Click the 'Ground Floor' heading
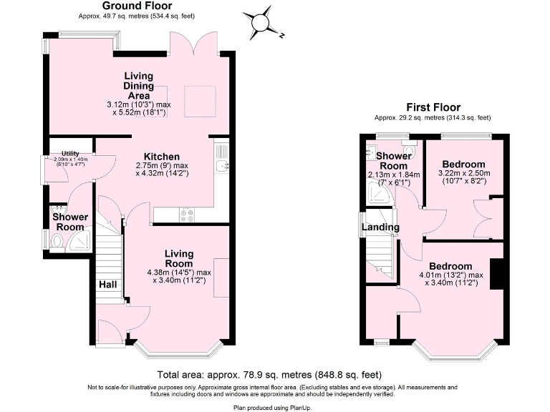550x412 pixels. click(131, 5)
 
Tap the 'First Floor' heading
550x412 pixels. click(433, 107)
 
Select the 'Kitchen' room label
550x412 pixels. click(161, 157)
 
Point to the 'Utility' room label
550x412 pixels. click(70, 153)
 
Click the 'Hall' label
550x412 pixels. click(107, 284)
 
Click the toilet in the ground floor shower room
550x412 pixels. click(57, 241)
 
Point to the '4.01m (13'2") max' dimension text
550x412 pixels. click(451, 275)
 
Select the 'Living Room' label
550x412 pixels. click(178, 258)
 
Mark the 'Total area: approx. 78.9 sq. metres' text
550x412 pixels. click(269, 375)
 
